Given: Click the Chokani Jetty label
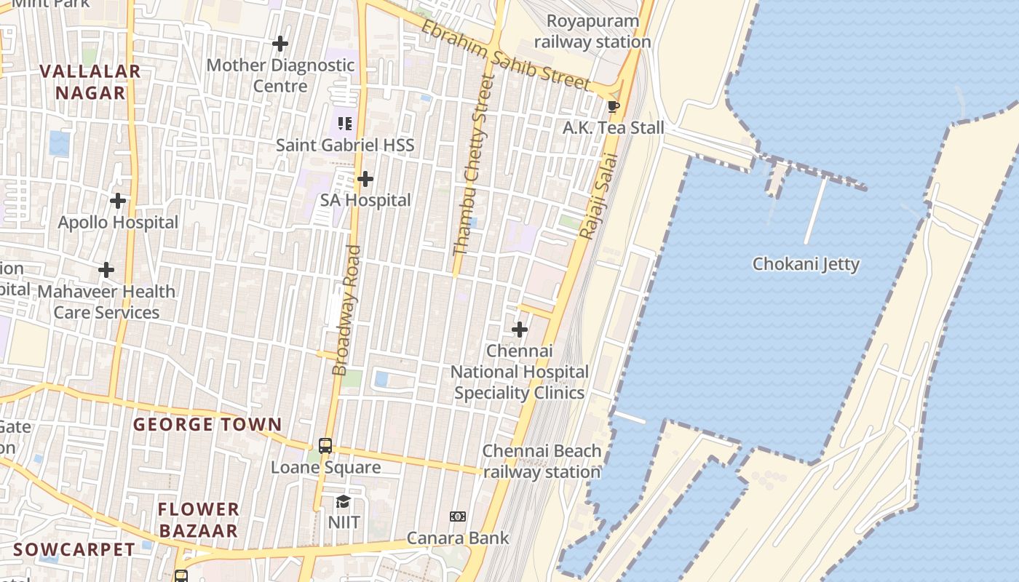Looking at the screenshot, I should point(806,264).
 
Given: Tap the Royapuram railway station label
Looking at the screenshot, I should point(592,31).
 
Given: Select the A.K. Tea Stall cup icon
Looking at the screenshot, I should point(614,107).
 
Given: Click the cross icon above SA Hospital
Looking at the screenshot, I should point(365,179).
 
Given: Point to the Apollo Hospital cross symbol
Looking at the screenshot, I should point(118,201).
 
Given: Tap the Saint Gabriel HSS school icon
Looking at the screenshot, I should point(344,124).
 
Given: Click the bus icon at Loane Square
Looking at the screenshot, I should point(325,445).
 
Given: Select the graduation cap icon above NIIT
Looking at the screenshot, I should point(343,501).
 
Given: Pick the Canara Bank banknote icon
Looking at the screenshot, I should point(458,517).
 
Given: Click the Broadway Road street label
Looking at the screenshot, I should point(347,311).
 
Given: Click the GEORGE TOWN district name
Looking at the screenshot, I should point(207,424).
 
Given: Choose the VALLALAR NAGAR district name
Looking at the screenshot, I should point(90,82).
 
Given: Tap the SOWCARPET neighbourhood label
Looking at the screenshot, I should point(74,549).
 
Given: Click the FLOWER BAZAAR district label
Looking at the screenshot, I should point(199,519).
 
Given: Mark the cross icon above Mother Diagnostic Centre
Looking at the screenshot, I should point(280,44).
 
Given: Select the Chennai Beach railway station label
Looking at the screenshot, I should point(542,461).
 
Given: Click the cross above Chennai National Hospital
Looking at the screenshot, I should point(520,330).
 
